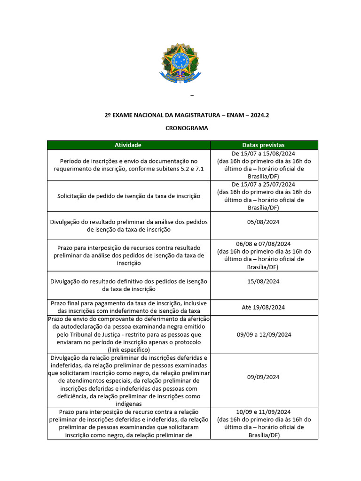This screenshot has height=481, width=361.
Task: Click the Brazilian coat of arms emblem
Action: point(180,63)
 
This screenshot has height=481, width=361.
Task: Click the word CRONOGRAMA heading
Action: point(187,128)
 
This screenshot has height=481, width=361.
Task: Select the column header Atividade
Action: point(128,145)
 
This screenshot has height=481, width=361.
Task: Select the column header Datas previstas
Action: point(263,145)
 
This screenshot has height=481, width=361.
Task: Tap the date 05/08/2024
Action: point(263,222)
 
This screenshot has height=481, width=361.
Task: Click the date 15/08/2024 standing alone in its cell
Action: point(263,281)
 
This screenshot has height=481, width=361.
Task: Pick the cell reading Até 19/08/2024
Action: point(263,307)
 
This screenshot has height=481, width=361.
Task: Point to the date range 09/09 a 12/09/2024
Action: point(263,334)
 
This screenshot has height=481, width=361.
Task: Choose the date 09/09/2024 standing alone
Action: point(263,377)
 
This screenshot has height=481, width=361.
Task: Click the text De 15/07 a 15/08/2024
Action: point(263,154)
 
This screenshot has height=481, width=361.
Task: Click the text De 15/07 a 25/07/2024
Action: point(263,184)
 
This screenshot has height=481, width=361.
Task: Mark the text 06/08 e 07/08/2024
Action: point(263,244)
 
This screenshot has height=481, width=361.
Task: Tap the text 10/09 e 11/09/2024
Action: point(263,412)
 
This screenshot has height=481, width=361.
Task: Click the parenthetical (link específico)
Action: point(128,349)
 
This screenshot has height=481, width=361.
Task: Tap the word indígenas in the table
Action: point(128,403)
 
